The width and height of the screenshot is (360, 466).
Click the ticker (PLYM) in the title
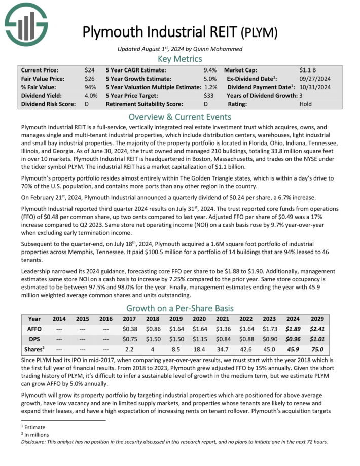pos(259,33)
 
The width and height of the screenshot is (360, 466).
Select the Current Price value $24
pos(89,70)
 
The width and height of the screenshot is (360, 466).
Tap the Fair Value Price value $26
pos(89,79)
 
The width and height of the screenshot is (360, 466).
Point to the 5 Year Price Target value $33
pos(210,96)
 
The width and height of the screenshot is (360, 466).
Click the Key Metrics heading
pos(180,59)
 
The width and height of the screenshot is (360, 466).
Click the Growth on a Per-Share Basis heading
pos(180,308)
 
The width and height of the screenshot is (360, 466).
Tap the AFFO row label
pos(34,329)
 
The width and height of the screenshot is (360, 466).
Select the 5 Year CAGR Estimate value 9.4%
pos(210,70)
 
